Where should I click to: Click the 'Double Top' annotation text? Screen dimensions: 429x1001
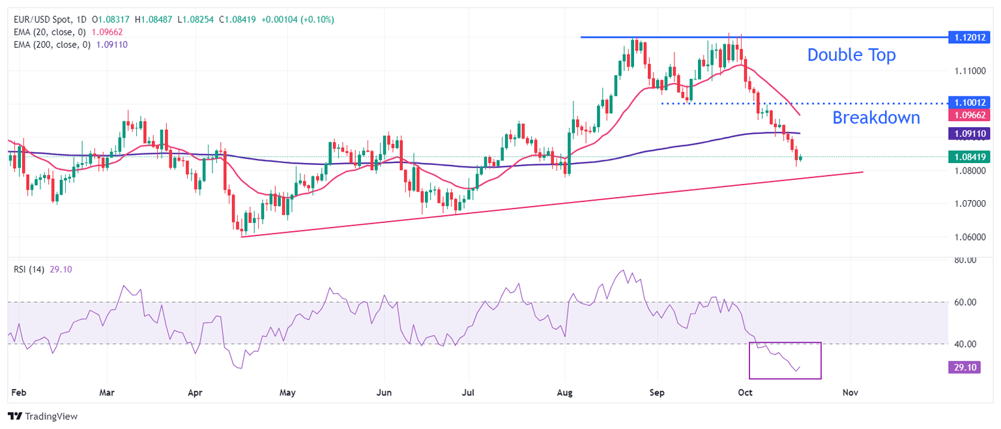[x=851, y=55]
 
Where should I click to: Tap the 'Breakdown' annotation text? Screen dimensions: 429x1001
[x=876, y=118]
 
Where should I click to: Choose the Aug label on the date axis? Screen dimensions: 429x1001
[x=566, y=392]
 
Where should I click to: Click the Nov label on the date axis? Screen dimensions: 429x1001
[x=850, y=392]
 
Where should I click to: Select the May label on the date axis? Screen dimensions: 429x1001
[x=287, y=392]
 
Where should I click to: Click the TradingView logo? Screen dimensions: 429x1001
[x=42, y=416]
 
